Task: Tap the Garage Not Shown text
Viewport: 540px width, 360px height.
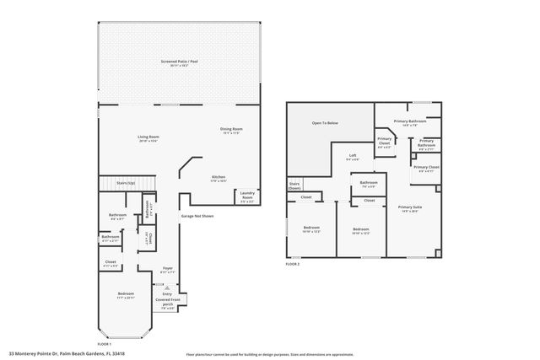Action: (x=197, y=217)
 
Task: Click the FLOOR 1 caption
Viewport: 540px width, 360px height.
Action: (x=105, y=344)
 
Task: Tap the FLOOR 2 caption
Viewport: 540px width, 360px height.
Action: (x=292, y=265)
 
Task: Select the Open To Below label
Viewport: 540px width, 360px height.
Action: (x=325, y=124)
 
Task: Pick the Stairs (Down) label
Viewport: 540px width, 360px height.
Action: (x=295, y=185)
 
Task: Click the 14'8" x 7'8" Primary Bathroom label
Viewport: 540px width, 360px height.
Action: (x=410, y=123)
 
